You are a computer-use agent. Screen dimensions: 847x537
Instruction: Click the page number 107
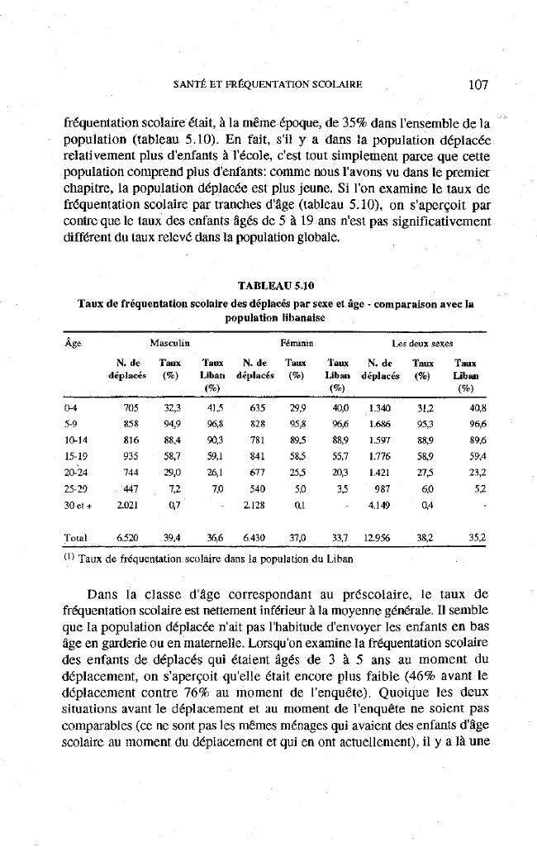[480, 83]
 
